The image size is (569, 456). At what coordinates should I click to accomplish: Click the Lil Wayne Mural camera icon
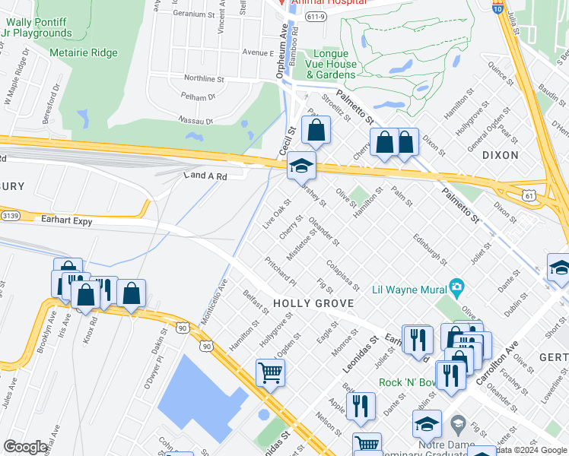pyautogui.click(x=456, y=287)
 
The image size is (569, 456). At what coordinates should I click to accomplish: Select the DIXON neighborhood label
pyautogui.click(x=500, y=155)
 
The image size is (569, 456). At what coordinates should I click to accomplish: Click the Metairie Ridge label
pyautogui.click(x=84, y=53)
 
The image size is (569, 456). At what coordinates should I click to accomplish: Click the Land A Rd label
pyautogui.click(x=205, y=176)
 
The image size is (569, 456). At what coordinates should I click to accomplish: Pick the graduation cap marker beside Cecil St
pyautogui.click(x=301, y=166)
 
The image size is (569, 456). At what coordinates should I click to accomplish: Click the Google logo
pyautogui.click(x=26, y=447)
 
